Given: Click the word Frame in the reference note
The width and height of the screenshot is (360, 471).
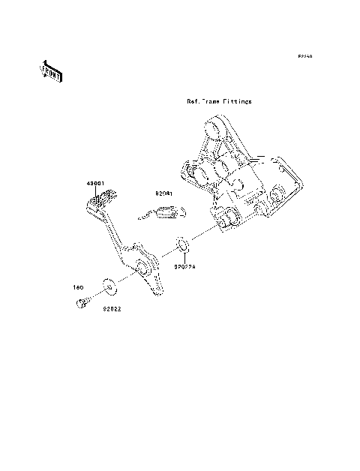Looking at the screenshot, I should [213, 100].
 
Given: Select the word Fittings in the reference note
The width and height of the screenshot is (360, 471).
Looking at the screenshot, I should [238, 100].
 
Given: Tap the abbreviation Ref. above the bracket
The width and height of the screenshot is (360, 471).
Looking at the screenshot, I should [193, 100].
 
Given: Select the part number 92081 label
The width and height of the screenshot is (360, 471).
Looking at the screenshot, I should [164, 194].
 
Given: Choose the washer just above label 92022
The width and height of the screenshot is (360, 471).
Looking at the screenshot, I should [109, 285].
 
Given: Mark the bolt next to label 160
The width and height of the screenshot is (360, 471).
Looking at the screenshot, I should [80, 303].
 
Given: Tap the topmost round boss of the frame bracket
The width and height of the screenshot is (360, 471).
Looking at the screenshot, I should [212, 132].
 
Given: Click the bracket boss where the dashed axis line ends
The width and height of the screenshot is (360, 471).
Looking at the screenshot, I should [227, 219].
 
